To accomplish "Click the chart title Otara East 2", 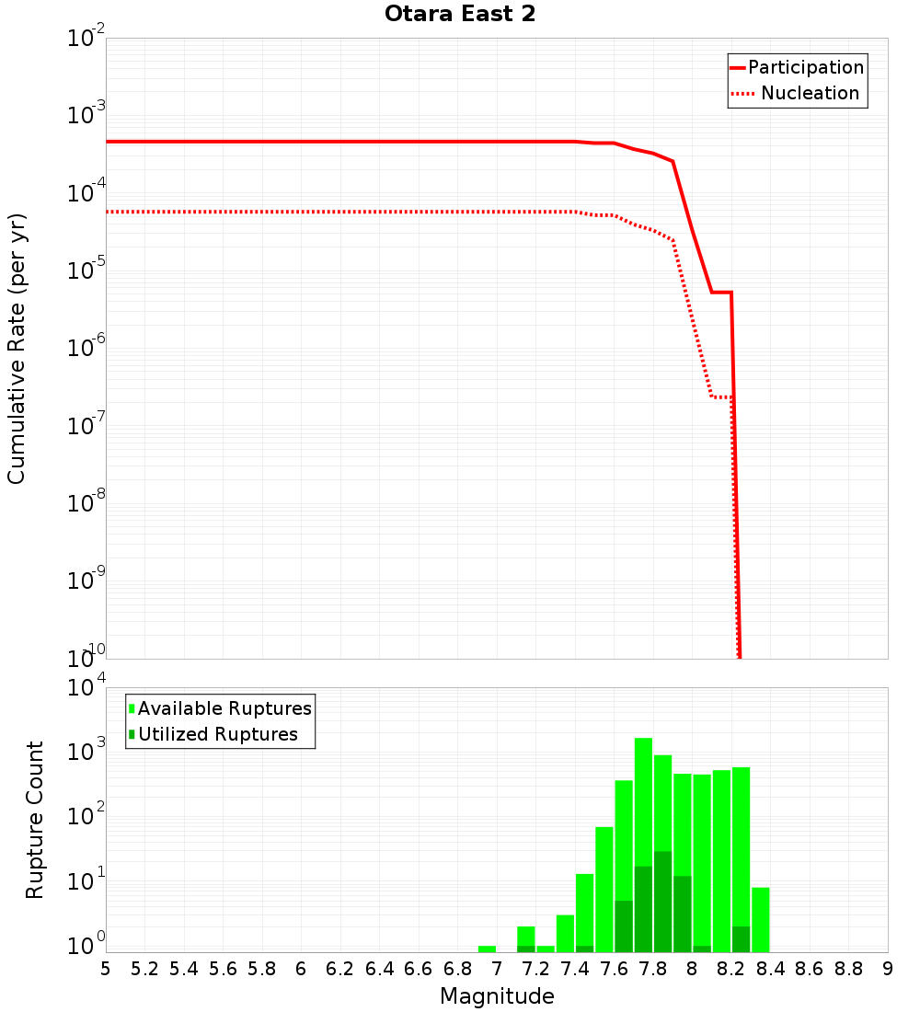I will click(x=459, y=15).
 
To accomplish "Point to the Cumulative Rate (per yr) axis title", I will click(x=17, y=349).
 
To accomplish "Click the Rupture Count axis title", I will click(x=35, y=820).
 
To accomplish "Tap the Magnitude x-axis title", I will click(x=497, y=996).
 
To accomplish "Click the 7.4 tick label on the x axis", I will click(x=575, y=969).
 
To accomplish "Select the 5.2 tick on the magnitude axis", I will click(x=145, y=969).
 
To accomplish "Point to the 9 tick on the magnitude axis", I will click(x=888, y=969).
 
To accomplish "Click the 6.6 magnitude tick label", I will click(x=419, y=969).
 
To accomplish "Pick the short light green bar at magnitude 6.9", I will click(x=487, y=949).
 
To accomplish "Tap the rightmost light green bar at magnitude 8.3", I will click(x=761, y=919).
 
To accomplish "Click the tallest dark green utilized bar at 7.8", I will click(x=662, y=902).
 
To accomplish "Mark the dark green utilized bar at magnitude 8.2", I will click(x=741, y=939).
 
